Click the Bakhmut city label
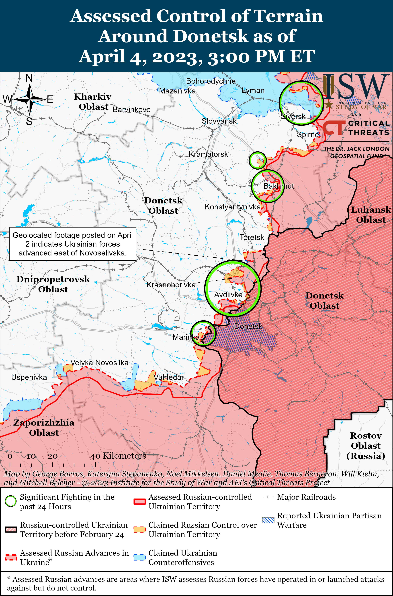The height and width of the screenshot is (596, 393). [278, 186]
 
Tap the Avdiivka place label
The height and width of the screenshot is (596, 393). [228, 295]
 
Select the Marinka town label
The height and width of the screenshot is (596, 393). [186, 337]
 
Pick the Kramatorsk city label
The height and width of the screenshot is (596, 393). [208, 154]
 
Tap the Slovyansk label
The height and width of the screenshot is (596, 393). [219, 121]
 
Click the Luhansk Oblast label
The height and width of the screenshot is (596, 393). [371, 215]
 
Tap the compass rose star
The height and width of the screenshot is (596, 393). [30, 99]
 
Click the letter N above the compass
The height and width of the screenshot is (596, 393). [29, 78]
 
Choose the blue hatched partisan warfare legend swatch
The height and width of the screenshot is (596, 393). [268, 520]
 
